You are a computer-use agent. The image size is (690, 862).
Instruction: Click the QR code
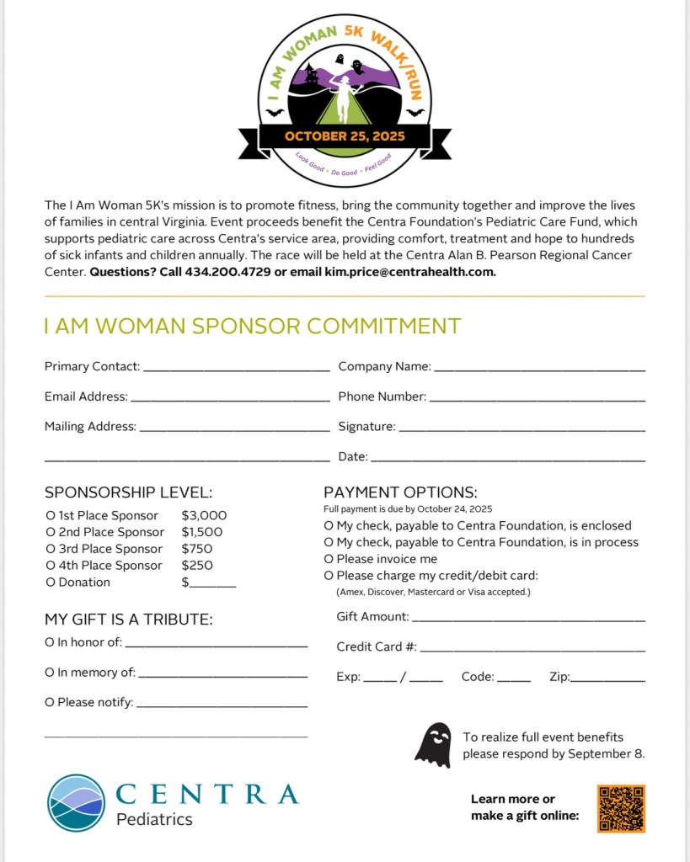coord(621,808)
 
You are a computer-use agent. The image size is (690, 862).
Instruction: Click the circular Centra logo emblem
coord(76,803)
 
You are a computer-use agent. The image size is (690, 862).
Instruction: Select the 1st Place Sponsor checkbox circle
coord(50,515)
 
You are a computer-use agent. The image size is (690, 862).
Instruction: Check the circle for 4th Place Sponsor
coord(50,566)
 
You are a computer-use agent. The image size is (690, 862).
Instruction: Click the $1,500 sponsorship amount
coord(202,532)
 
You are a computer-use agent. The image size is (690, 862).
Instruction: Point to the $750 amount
coord(196,549)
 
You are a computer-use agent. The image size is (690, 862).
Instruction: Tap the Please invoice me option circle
coord(329,559)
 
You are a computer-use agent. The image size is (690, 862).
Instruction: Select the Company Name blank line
coord(539,368)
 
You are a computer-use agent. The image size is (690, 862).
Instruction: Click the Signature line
coord(522,428)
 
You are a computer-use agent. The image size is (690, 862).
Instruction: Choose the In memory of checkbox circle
coord(50,673)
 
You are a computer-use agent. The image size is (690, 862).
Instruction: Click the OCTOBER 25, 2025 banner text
coord(345,136)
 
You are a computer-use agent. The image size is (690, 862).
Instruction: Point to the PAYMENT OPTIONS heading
coord(400,492)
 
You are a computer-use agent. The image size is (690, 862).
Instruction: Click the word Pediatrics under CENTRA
coord(154,819)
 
